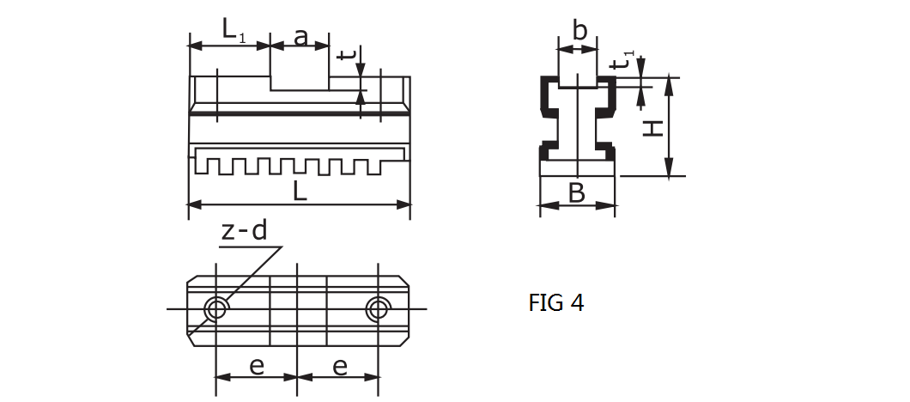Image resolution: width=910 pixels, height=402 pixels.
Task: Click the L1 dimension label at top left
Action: (x=232, y=31)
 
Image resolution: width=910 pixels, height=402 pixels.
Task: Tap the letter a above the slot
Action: (x=300, y=37)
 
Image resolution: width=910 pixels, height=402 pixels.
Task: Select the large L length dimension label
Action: (x=300, y=192)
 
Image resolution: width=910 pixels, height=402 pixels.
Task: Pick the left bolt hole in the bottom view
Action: (x=215, y=308)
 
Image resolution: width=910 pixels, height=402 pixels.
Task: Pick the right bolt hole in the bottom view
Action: (x=378, y=308)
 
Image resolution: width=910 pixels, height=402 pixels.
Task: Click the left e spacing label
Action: (x=257, y=366)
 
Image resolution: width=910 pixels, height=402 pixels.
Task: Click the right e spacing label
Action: (x=339, y=366)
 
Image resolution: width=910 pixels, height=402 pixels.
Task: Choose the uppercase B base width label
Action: (x=577, y=193)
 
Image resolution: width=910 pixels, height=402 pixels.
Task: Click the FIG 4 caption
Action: (x=555, y=303)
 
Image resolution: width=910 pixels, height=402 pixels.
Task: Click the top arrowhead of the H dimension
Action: (x=669, y=82)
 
